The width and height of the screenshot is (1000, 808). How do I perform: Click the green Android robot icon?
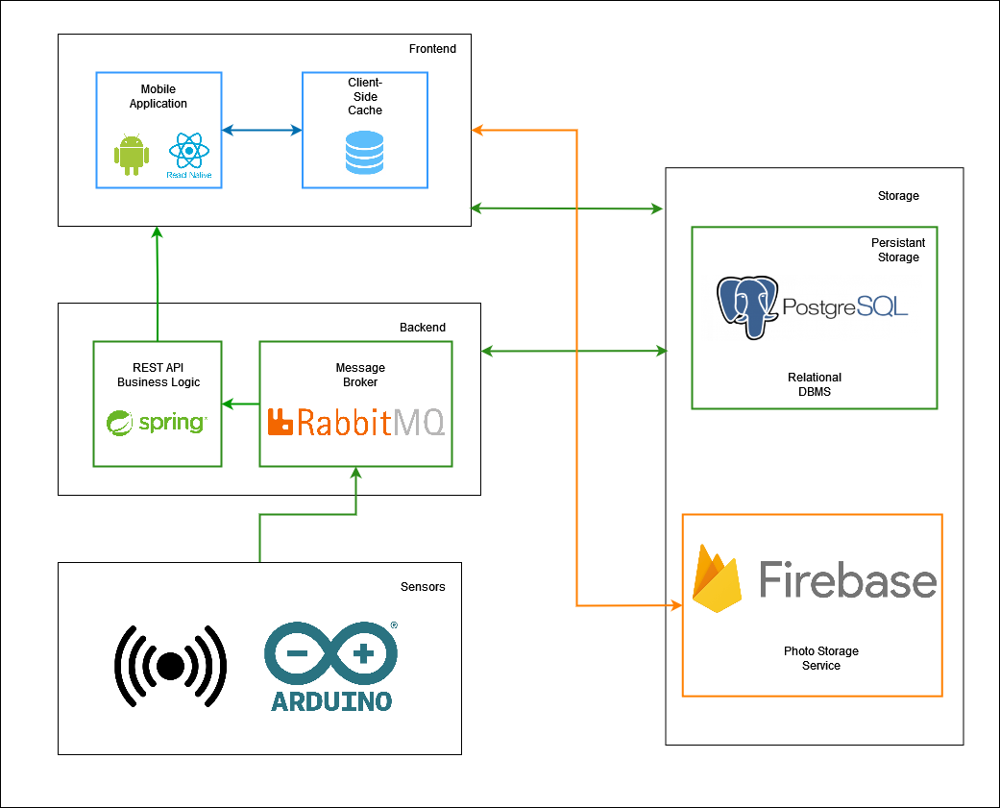(132, 156)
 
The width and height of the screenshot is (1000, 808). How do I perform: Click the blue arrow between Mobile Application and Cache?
(261, 130)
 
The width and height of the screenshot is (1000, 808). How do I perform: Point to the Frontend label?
(432, 49)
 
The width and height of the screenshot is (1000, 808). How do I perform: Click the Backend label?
(423, 328)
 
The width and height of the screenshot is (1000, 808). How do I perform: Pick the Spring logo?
(157, 422)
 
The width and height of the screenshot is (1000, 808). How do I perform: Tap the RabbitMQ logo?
(355, 422)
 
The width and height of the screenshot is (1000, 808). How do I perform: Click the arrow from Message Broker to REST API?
(240, 404)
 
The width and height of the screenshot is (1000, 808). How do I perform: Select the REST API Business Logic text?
(159, 375)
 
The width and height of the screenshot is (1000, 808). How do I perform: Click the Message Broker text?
(360, 375)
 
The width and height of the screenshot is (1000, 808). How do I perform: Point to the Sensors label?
(423, 587)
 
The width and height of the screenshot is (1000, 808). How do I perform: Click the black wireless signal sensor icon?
(170, 666)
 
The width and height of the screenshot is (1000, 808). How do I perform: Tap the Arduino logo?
(331, 666)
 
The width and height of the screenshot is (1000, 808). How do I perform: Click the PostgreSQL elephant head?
(747, 306)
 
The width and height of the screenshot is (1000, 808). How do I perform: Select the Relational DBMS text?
(815, 384)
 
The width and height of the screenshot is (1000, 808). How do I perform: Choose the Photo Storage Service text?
(821, 658)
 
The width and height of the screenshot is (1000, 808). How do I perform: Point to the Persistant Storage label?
(898, 250)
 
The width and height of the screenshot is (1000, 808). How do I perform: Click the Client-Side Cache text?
(365, 97)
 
